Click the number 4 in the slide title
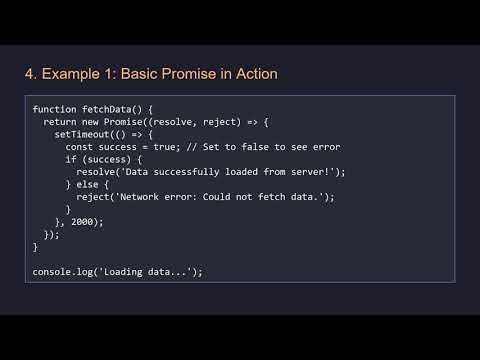coord(29,74)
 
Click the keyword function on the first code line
coord(54,108)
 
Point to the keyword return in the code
coord(60,121)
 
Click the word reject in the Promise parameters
coord(222,121)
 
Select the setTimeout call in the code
coord(80,134)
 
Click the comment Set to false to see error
coord(270,146)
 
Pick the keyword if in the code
coord(71,159)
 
